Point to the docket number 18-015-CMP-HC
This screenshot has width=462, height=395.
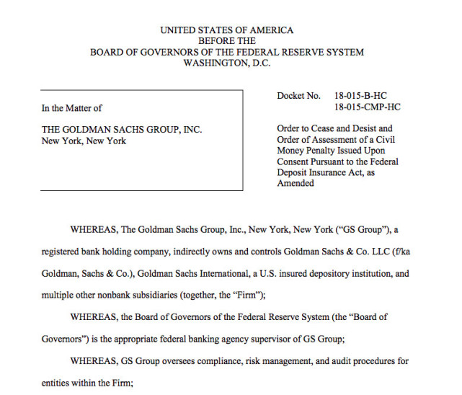368,107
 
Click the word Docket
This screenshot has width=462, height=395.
293,96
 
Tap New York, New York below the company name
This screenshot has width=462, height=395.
84,141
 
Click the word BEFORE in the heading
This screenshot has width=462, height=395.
227,41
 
